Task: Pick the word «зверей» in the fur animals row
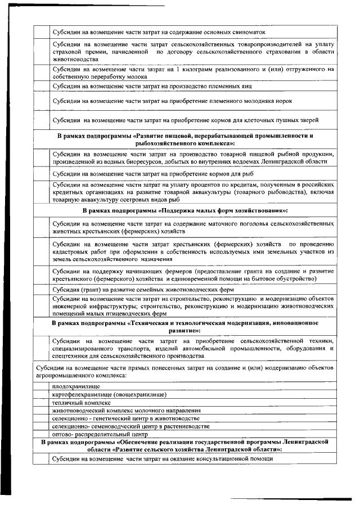pos(307,120)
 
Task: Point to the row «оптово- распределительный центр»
pos(99,435)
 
